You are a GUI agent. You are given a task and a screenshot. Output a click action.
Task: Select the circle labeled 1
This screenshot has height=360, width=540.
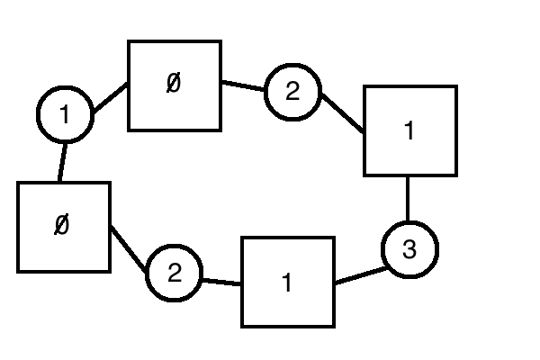tap(65, 115)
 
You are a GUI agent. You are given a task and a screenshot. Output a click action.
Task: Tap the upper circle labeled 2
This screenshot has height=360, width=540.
tap(292, 91)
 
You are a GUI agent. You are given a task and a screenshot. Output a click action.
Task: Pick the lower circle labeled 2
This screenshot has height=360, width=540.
tap(175, 274)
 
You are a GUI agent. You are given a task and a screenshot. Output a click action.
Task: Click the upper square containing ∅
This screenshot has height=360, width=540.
tap(175, 85)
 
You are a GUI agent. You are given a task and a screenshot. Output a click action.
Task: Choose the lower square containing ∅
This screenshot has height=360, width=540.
tap(64, 227)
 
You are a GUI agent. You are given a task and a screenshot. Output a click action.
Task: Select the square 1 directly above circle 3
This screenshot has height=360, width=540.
tap(409, 130)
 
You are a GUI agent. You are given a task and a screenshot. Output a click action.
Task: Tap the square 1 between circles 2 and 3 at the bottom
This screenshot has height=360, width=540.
tap(288, 282)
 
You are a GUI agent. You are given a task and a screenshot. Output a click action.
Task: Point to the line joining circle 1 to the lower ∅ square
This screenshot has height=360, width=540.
tap(62, 162)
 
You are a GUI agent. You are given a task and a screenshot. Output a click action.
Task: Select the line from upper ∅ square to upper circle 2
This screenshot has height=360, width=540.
tap(243, 86)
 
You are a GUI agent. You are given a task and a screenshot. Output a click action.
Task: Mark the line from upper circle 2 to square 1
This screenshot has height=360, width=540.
tap(341, 113)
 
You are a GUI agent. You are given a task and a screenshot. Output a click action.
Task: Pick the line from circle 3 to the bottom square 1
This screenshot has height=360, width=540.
tap(359, 274)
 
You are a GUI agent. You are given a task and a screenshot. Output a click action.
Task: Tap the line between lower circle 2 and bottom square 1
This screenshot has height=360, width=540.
tap(221, 282)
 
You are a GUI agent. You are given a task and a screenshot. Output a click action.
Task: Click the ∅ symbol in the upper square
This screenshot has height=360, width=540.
tap(174, 84)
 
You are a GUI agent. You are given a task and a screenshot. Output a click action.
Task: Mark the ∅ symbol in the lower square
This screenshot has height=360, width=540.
tap(61, 225)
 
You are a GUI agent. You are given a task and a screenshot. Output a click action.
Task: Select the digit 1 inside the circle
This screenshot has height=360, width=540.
tap(65, 115)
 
